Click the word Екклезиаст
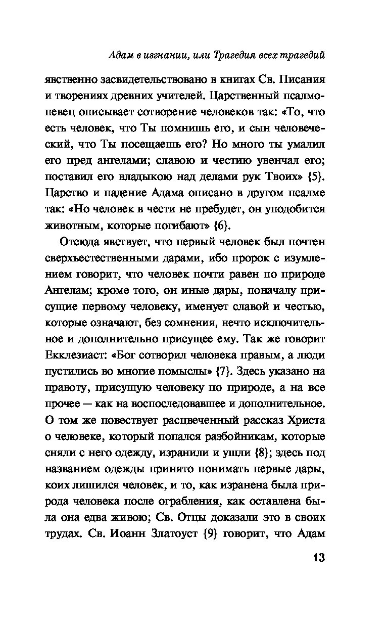pos(77,355)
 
